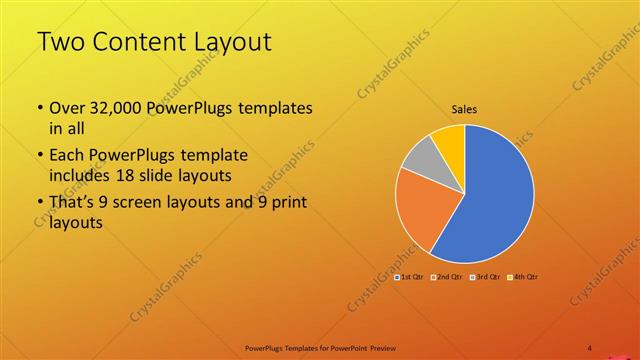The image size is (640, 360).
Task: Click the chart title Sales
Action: click(x=464, y=108)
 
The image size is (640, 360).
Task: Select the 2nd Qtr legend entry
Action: click(x=447, y=276)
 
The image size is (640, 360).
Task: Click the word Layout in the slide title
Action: click(x=228, y=41)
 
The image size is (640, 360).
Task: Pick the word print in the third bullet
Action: click(x=287, y=202)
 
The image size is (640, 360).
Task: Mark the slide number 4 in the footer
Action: click(x=590, y=347)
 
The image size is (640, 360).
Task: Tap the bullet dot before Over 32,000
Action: click(x=39, y=108)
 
